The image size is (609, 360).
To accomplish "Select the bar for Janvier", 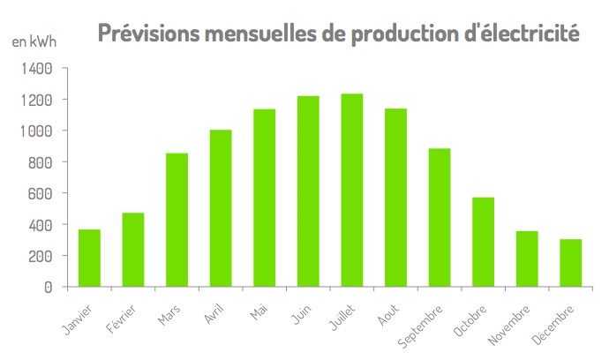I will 89,258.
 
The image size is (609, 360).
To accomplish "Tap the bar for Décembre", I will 570,263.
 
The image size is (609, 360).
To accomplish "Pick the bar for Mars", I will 177,220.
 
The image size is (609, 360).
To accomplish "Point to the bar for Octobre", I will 483,242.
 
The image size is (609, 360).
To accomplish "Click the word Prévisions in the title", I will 147,34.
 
